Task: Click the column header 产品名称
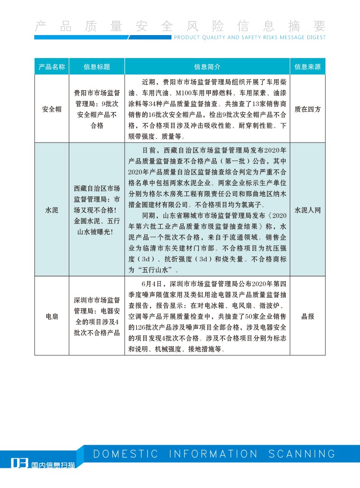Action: coord(52,67)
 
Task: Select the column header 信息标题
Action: coord(97,67)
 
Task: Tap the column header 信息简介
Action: coord(207,67)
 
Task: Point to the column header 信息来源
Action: coord(307,67)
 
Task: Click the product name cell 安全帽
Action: coord(52,109)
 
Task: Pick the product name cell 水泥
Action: coord(52,210)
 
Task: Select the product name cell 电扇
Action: coord(52,317)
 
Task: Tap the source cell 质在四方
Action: coord(307,109)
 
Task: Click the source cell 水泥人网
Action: coord(307,210)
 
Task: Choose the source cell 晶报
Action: coord(307,317)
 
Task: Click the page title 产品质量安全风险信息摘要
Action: coord(180,26)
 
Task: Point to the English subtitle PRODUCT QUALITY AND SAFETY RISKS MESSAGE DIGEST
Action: coord(249,38)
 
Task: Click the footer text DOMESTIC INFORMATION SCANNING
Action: coord(214,453)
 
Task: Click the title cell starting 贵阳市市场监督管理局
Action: coord(97,109)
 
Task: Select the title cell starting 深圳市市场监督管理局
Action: coord(97,317)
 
